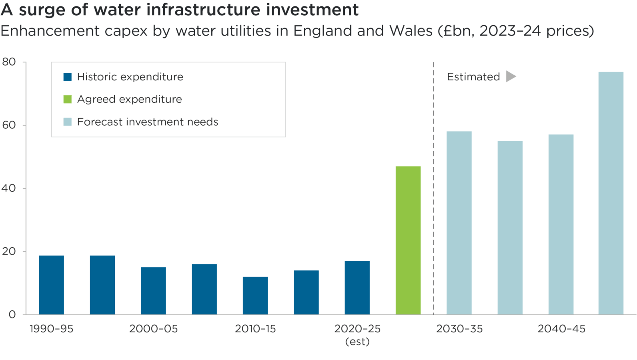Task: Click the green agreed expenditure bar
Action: [408, 240]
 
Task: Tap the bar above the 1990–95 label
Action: [51, 285]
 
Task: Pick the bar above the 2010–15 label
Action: [255, 295]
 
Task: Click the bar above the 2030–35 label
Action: [459, 222]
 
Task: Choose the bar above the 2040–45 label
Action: [561, 224]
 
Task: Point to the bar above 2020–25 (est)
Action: [357, 287]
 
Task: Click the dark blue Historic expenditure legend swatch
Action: [68, 77]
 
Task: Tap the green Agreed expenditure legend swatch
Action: [68, 99]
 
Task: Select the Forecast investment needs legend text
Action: [148, 122]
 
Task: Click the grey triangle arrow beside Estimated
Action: [511, 76]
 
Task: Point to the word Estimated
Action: [473, 77]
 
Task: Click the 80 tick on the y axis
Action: [9, 62]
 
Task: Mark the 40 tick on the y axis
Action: [9, 188]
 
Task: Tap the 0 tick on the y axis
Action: [12, 315]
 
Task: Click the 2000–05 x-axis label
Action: [153, 329]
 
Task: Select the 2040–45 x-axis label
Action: [561, 329]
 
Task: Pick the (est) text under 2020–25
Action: [357, 342]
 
